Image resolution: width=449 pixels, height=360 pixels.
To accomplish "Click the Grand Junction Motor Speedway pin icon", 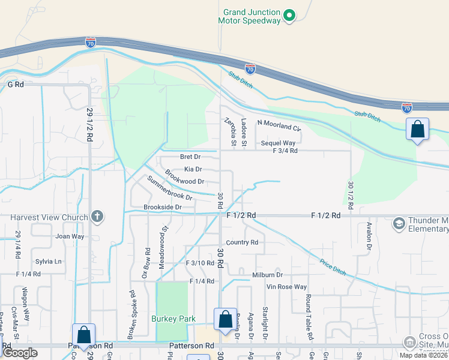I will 289,15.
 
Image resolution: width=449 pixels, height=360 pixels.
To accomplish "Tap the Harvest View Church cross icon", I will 97,216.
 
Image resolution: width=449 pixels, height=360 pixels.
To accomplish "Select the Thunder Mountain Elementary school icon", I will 397,224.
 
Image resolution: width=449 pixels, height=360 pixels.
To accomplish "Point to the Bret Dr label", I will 190,157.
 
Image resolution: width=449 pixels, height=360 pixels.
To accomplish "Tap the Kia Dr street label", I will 193,169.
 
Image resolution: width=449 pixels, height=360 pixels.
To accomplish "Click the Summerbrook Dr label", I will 170,188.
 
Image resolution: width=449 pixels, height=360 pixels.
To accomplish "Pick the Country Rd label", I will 243,242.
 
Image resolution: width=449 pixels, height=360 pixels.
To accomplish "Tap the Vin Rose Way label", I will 287,287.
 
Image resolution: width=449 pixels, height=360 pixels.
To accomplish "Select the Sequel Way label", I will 278,143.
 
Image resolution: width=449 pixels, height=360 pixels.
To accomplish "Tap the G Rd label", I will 15,85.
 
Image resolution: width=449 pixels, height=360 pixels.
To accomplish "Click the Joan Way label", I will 70,236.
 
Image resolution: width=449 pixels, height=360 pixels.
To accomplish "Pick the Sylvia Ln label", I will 49,262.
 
